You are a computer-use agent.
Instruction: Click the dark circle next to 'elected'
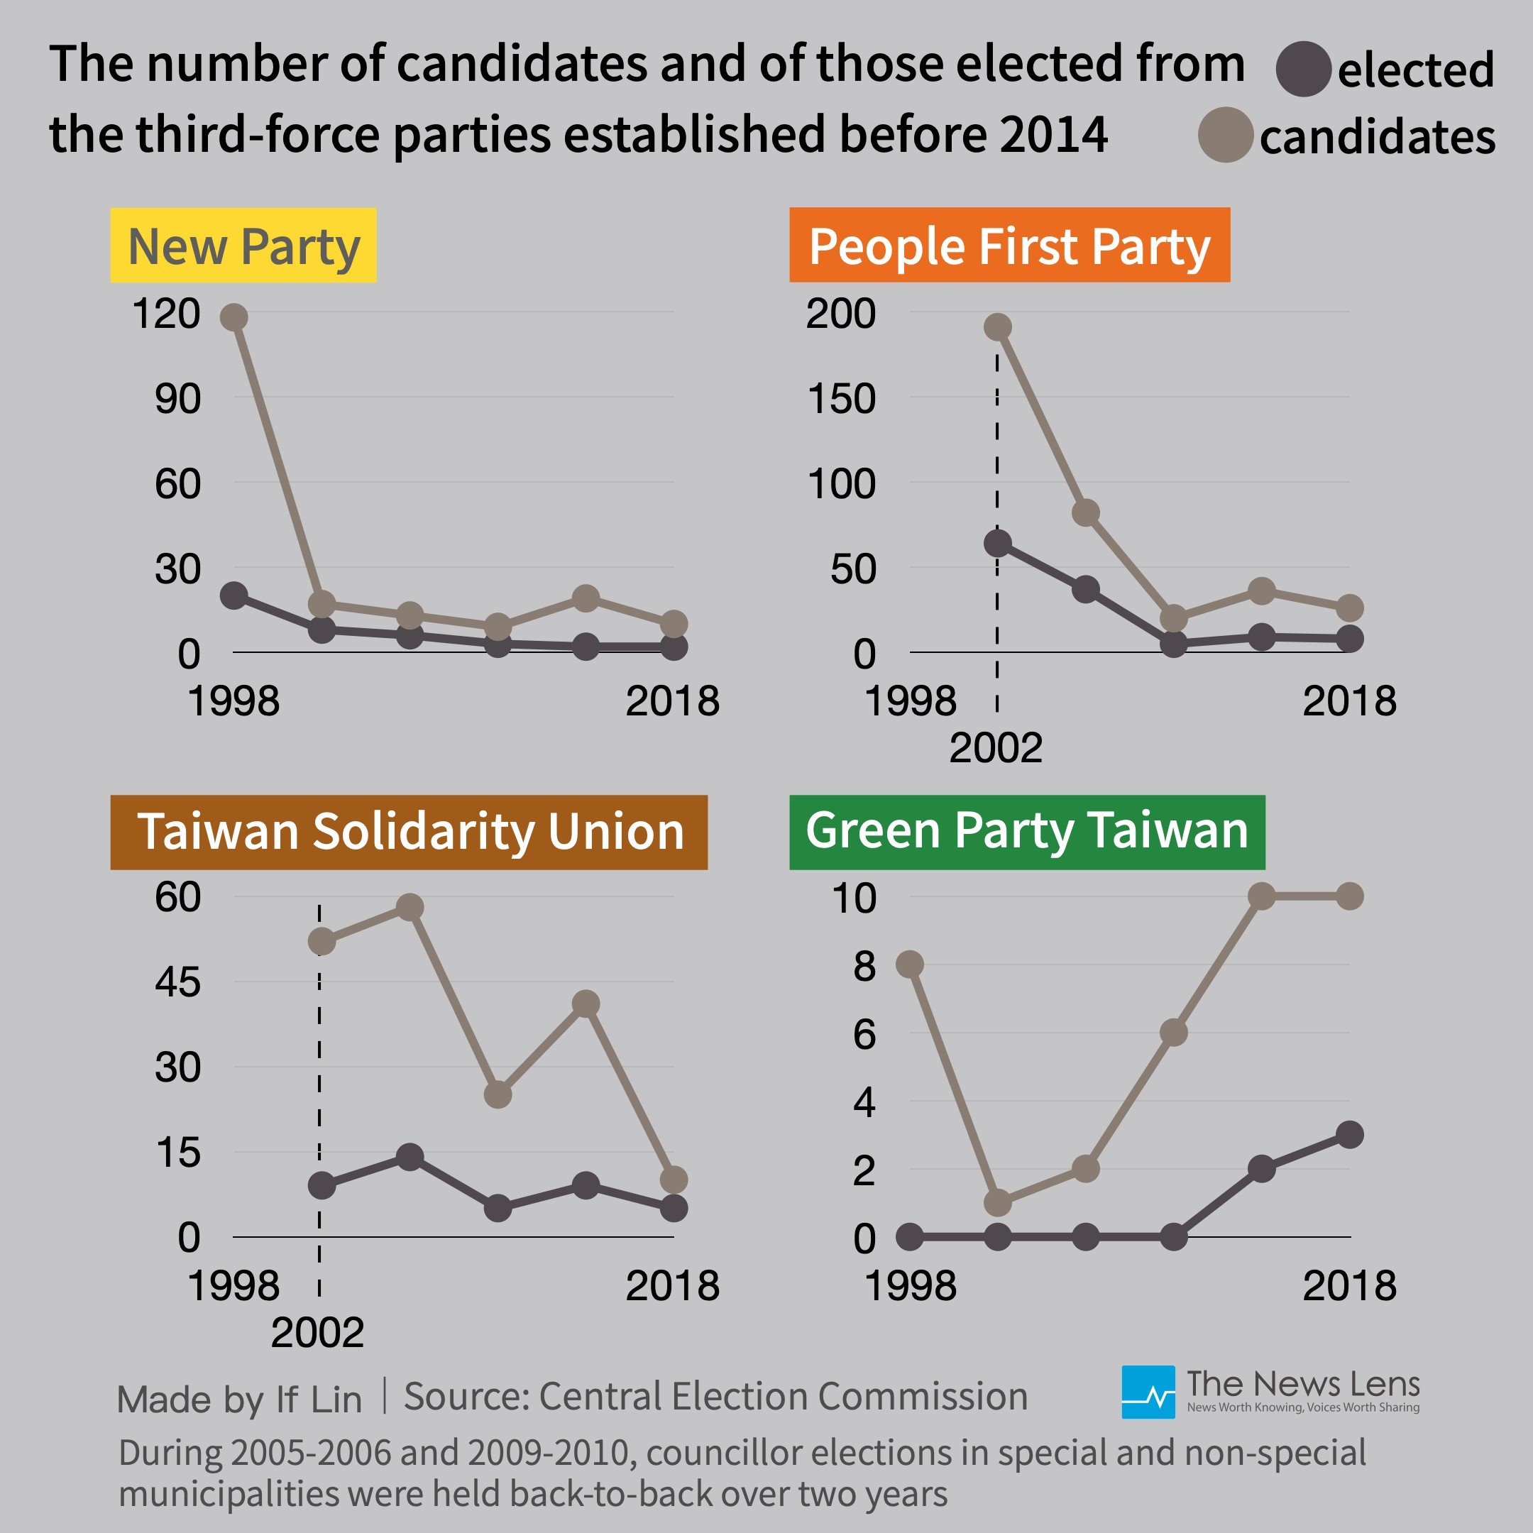click(x=1303, y=70)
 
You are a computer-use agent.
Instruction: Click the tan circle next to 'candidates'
click(x=1225, y=135)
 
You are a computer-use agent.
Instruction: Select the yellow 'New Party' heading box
click(x=243, y=245)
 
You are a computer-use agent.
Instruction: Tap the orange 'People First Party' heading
click(x=1009, y=245)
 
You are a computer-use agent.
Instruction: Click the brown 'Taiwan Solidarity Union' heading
click(x=409, y=832)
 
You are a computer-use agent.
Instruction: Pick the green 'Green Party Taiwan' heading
click(x=1027, y=832)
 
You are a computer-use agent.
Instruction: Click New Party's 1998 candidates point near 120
click(x=233, y=317)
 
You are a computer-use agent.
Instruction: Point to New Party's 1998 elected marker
click(x=233, y=595)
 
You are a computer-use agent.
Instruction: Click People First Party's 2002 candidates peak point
click(x=997, y=327)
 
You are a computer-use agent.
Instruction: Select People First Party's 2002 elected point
click(x=997, y=544)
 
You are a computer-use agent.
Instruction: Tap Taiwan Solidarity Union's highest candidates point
click(x=410, y=907)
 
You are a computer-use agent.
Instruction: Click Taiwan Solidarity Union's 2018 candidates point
click(x=674, y=1180)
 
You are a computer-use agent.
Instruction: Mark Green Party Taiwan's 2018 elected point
click(x=1350, y=1135)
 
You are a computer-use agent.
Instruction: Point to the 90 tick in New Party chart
click(x=177, y=399)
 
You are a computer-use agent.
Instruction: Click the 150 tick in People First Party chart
click(x=841, y=399)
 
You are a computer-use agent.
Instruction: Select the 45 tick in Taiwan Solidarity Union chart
click(x=177, y=983)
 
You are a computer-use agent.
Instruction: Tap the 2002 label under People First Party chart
click(x=996, y=748)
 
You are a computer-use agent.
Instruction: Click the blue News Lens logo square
click(x=1148, y=1392)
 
